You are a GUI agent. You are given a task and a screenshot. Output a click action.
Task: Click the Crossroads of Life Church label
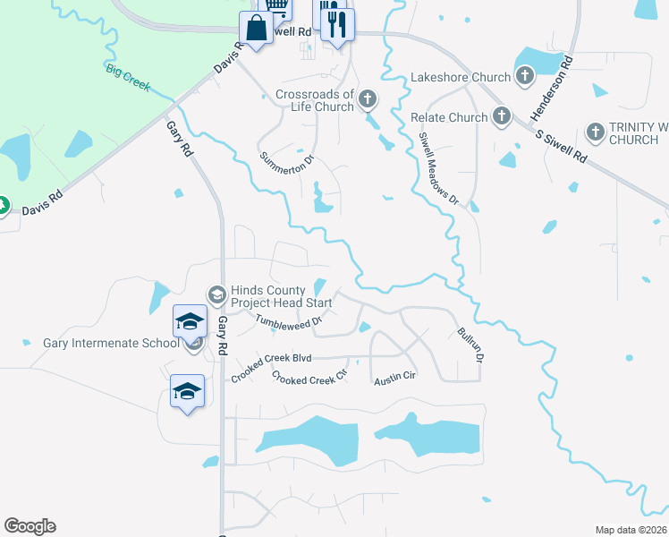(x=315, y=100)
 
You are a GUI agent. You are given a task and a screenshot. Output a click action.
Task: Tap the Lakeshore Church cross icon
(x=525, y=78)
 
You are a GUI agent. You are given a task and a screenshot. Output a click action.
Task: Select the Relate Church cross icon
(x=501, y=116)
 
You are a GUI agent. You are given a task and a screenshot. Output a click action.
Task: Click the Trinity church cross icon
(x=596, y=132)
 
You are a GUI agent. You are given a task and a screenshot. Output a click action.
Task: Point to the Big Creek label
(x=127, y=78)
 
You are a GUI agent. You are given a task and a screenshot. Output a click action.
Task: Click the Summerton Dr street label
(x=287, y=163)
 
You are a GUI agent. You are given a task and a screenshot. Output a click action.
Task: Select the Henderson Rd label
(x=552, y=89)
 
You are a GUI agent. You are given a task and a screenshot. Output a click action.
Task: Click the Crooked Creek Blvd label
(x=271, y=358)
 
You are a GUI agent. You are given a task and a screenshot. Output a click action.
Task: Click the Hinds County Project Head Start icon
(x=216, y=294)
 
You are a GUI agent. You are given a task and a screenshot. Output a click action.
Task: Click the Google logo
(x=30, y=526)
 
